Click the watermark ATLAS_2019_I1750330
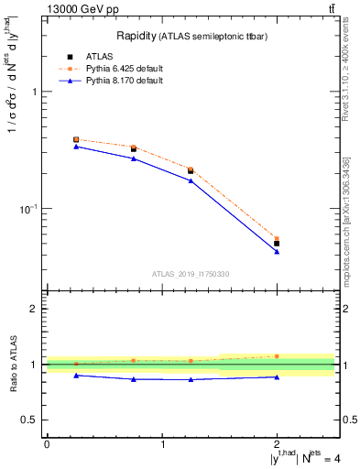pyautogui.click(x=190, y=274)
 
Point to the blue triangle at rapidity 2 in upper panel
pyautogui.click(x=277, y=251)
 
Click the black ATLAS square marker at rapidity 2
pyautogui.click(x=277, y=244)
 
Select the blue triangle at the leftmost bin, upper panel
pyautogui.click(x=76, y=147)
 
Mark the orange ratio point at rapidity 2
pyautogui.click(x=277, y=355)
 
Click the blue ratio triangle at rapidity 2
pyautogui.click(x=277, y=376)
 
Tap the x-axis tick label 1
pyautogui.click(x=162, y=444)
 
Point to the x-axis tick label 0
pyautogui.click(x=47, y=444)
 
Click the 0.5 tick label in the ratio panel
pyautogui.click(x=30, y=420)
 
